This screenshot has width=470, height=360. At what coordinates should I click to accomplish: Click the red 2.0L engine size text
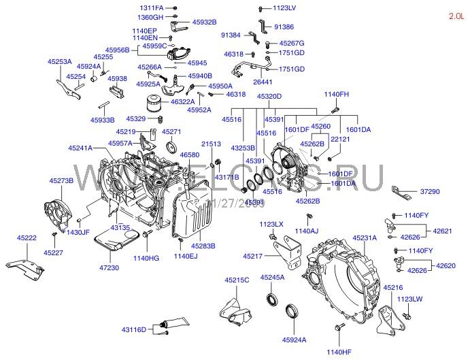(456, 14)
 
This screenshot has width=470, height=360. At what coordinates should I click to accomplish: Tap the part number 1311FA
(152, 7)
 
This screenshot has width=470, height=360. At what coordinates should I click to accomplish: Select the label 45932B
(203, 22)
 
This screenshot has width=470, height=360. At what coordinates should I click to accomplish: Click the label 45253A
(59, 61)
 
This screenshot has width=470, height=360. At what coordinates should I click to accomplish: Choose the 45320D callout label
(269, 97)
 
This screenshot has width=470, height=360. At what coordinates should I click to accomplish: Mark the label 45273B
(61, 181)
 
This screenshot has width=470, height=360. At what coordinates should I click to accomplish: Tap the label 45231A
(365, 238)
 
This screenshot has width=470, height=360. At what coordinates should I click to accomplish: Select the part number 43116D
(134, 330)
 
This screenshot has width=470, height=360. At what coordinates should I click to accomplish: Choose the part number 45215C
(237, 280)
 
